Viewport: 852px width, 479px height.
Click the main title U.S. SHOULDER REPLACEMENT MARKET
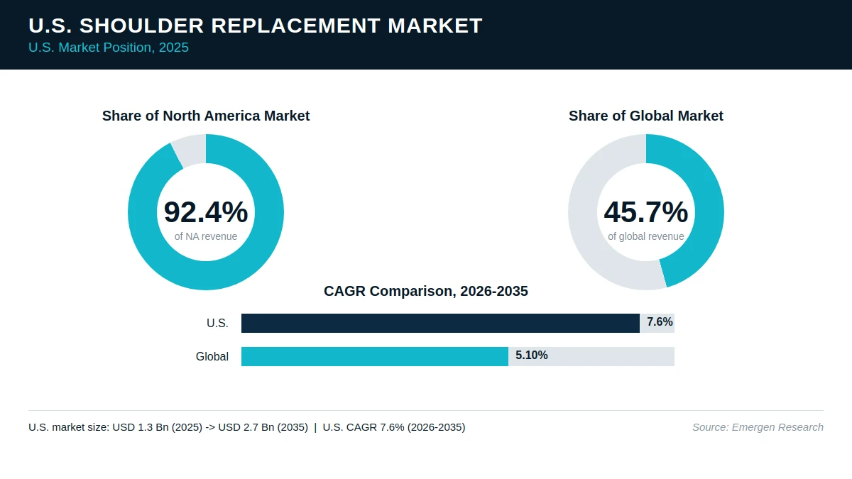[x=255, y=26]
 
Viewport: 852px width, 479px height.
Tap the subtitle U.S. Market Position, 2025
[x=109, y=48]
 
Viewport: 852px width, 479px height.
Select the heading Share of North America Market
[x=206, y=116]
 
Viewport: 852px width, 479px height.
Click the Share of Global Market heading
[x=646, y=116]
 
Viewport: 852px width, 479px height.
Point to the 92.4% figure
[x=206, y=211]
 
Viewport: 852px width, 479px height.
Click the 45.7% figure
[x=646, y=211]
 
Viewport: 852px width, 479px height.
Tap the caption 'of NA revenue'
[x=206, y=236]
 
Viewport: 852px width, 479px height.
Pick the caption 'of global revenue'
[x=646, y=236]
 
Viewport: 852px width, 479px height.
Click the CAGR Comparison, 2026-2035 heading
[x=425, y=291]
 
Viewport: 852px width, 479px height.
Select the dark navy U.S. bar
[x=440, y=323]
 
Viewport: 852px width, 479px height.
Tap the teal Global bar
[x=375, y=356]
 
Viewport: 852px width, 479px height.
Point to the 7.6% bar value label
[x=660, y=322]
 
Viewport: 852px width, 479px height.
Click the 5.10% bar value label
[x=531, y=355]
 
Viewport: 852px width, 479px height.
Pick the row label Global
[x=212, y=356]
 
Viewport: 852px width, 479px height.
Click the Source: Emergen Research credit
[x=758, y=427]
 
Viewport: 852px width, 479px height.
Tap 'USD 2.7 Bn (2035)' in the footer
[x=263, y=427]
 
